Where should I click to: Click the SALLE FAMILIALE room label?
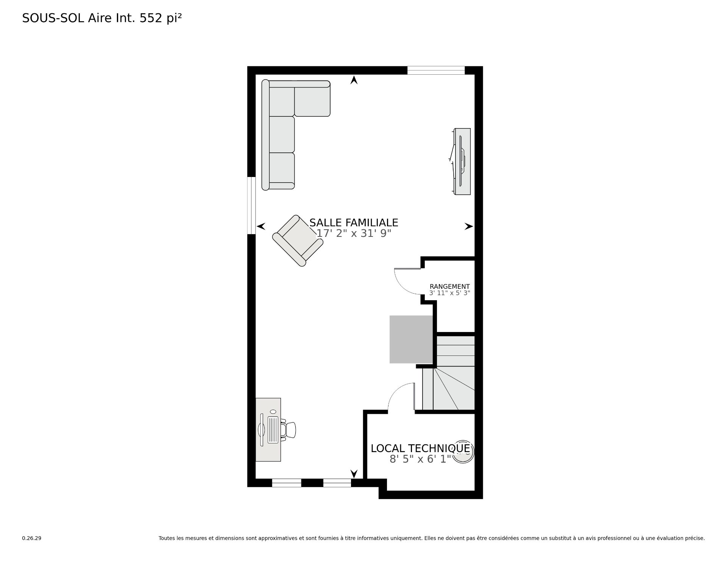pos(354,222)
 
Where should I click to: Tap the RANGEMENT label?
pos(449,286)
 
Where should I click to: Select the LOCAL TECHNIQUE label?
pos(420,448)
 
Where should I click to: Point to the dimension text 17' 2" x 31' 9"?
pos(354,233)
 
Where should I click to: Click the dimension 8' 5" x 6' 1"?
pos(420,459)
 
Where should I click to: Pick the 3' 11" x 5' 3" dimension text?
pos(449,293)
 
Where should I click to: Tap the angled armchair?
pos(298,241)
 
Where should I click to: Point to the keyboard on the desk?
pos(273,430)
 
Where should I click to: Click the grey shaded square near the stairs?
pos(411,339)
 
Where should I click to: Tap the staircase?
pos(448,373)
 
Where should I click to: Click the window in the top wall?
pos(436,70)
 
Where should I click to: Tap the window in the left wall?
pos(251,205)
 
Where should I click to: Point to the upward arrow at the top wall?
pos(354,80)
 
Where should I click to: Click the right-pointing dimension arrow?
pos(469,226)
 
